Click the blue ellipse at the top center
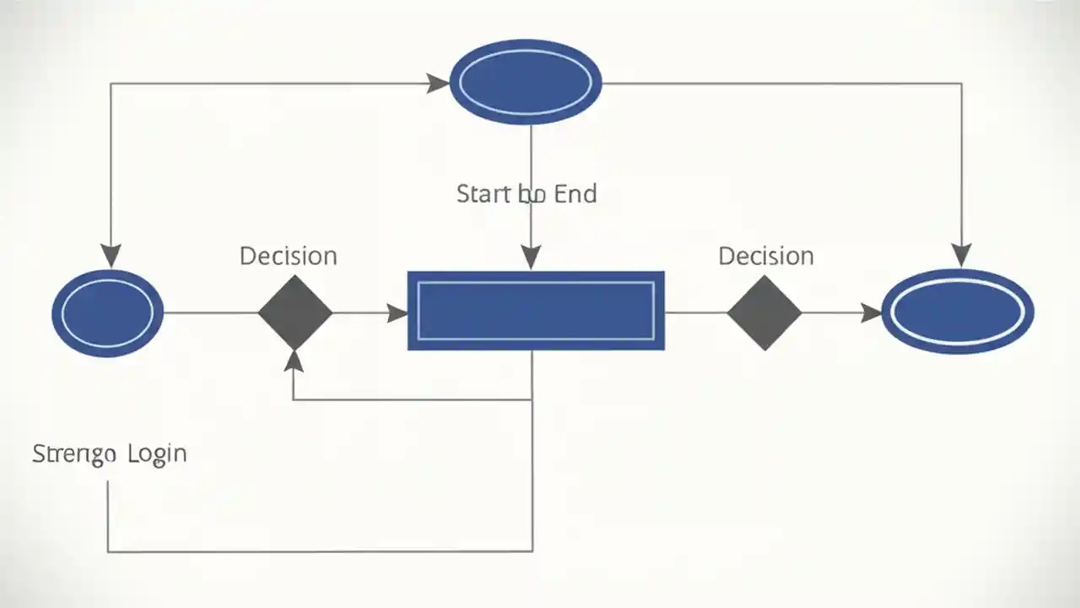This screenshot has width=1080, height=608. (526, 82)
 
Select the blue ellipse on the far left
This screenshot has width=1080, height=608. (107, 312)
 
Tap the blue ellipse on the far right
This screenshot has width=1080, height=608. (958, 312)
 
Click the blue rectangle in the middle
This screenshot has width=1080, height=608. (536, 311)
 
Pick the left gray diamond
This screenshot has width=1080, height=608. (294, 312)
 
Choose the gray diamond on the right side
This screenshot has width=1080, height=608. (764, 312)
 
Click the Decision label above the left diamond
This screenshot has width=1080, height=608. (289, 256)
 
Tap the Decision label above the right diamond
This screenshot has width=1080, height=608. (766, 256)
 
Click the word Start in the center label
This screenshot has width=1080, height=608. (483, 193)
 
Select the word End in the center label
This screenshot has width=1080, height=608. (575, 193)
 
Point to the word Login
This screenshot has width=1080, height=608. (157, 453)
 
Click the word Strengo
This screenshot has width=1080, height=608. (73, 453)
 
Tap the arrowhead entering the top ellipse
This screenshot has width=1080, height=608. (438, 83)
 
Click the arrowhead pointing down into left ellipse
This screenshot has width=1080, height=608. (111, 256)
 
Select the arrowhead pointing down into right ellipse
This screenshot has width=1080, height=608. (961, 254)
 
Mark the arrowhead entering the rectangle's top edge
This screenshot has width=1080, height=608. (531, 257)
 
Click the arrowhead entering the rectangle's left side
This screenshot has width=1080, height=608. (397, 313)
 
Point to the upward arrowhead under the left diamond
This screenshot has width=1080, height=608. (294, 361)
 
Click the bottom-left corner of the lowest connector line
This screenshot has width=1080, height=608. (108, 551)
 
